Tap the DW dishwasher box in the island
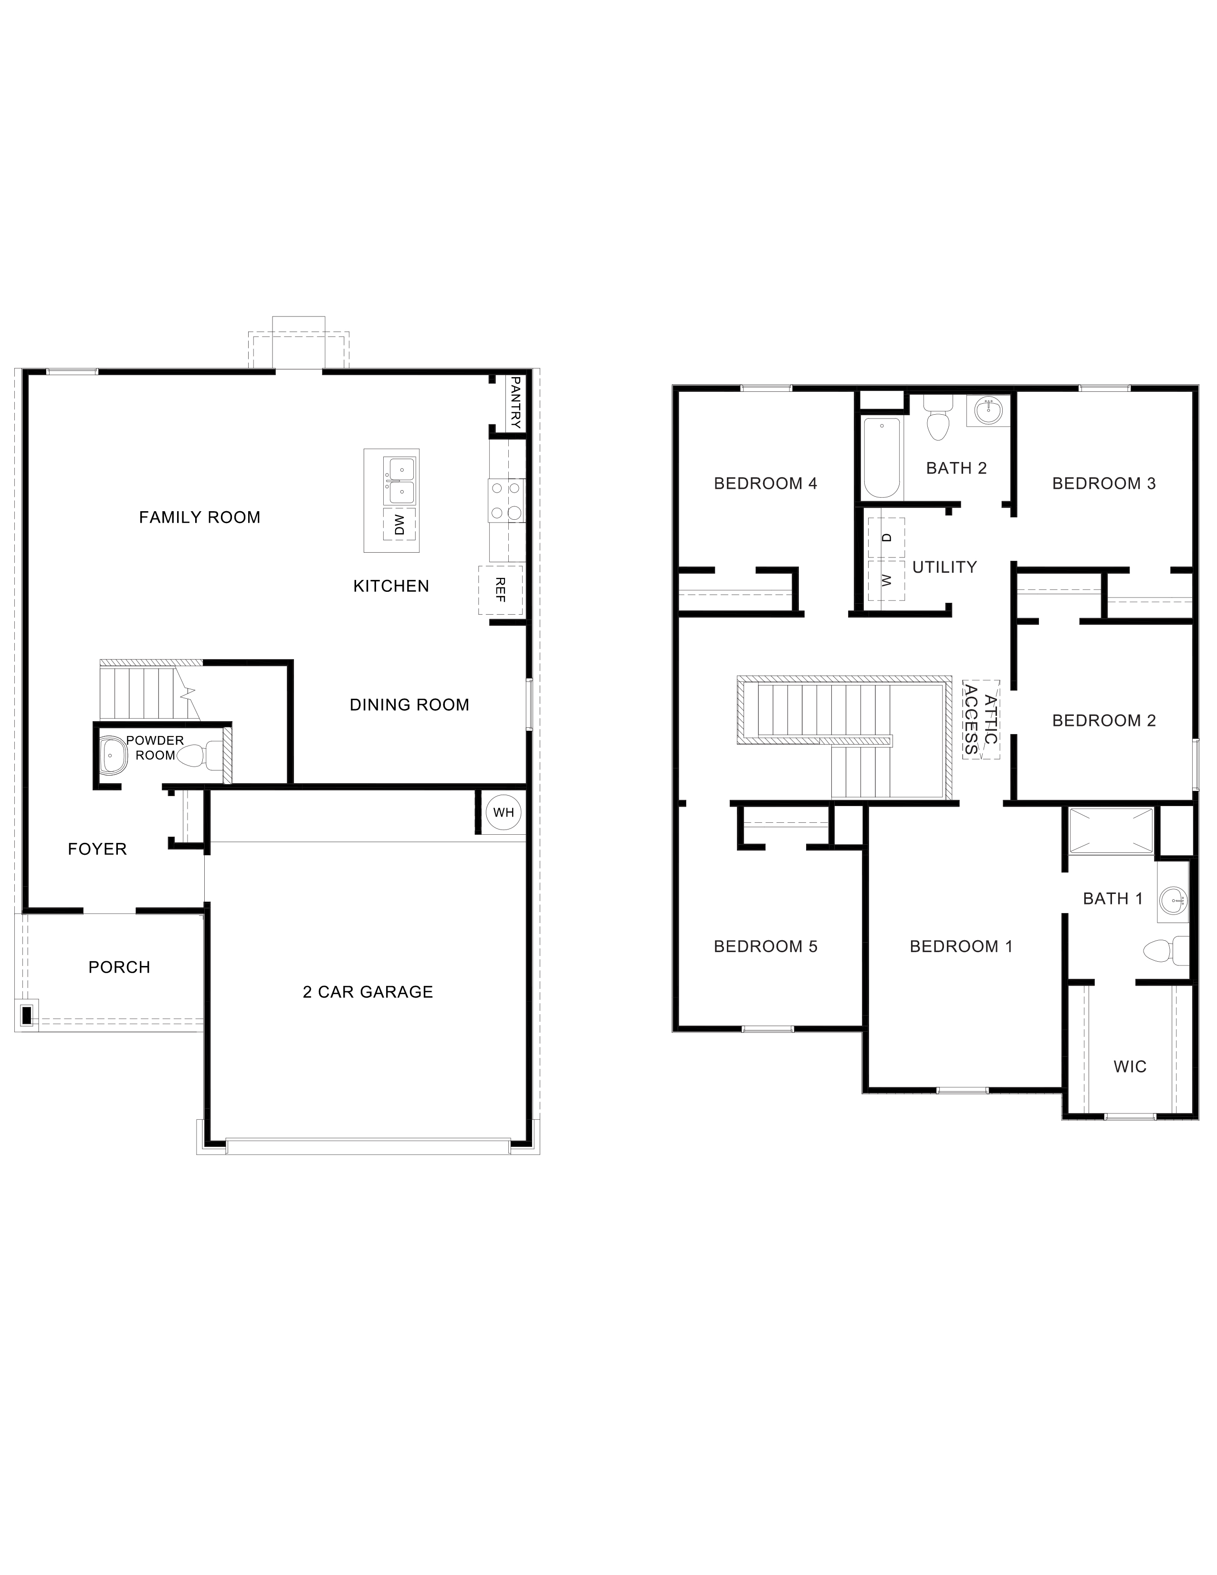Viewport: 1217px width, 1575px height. pos(399,524)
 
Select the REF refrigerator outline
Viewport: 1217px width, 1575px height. pos(500,590)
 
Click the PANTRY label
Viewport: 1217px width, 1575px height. pos(515,402)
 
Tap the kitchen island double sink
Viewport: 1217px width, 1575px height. pos(399,481)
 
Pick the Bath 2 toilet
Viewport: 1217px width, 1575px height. pos(937,422)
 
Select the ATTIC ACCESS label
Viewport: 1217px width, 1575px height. pos(981,719)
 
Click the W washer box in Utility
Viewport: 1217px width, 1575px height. pos(887,580)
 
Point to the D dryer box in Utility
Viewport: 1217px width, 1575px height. pos(887,537)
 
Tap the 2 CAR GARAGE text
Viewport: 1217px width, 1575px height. pos(367,992)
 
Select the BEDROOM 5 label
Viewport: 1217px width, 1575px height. pos(766,946)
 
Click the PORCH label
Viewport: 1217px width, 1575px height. pos(119,967)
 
